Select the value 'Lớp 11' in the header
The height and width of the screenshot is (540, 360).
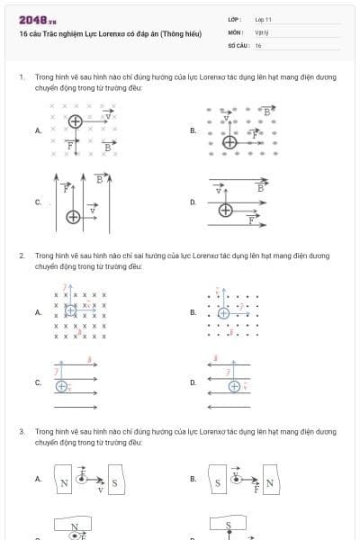click(263, 19)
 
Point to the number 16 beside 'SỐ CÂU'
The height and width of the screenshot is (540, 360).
click(258, 44)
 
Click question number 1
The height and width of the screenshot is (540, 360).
click(21, 78)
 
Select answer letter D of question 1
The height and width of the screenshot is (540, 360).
click(193, 202)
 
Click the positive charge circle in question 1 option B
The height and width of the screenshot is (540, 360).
click(230, 141)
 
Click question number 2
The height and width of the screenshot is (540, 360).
click(21, 256)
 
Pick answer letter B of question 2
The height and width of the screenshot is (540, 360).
click(193, 312)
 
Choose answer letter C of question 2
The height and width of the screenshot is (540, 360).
click(38, 382)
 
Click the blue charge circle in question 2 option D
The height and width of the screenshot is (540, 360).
click(234, 387)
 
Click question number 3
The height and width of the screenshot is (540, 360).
click(21, 432)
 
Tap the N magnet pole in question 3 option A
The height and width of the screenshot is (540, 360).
click(64, 484)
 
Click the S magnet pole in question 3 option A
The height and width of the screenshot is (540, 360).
click(114, 484)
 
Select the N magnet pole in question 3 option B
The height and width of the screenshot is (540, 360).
click(268, 483)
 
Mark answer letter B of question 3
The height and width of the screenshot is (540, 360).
click(193, 479)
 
